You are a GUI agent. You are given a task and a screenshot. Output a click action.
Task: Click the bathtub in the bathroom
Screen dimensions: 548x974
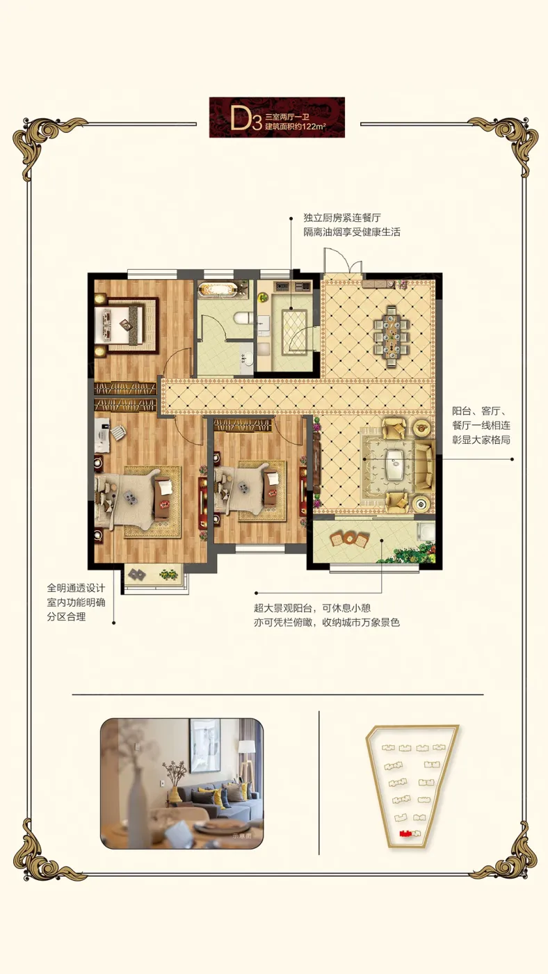pyautogui.click(x=217, y=289)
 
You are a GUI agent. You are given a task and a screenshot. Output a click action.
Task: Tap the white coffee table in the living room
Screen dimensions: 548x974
pyautogui.click(x=396, y=465)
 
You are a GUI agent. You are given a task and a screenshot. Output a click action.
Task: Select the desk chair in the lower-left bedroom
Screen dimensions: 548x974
pyautogui.click(x=117, y=433)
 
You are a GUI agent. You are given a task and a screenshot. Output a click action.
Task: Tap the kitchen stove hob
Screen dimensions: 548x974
pyautogui.click(x=281, y=286)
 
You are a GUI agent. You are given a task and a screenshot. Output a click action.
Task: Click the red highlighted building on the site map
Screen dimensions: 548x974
pyautogui.click(x=407, y=832)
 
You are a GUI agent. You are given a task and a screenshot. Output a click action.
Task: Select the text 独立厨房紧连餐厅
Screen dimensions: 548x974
pyautogui.click(x=342, y=218)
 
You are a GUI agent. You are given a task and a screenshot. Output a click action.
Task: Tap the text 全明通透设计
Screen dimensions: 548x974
pyautogui.click(x=76, y=588)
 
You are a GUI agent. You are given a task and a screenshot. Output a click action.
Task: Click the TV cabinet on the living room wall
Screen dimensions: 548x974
pyautogui.click(x=315, y=465)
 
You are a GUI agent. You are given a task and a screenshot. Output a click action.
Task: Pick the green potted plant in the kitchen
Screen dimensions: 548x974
pyautogui.click(x=262, y=298)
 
